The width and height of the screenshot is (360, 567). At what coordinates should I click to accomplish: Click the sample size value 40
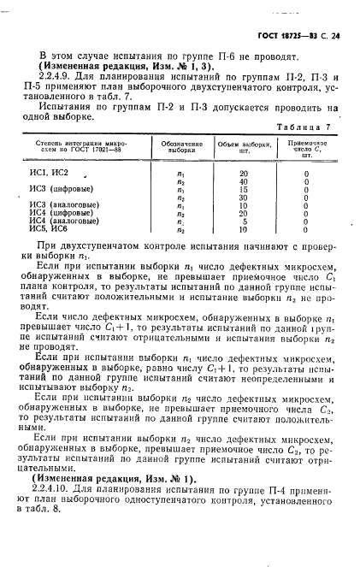[243, 180]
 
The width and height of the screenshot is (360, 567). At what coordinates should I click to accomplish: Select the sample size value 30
[243, 197]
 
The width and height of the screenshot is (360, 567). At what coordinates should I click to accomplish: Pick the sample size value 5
[244, 221]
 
